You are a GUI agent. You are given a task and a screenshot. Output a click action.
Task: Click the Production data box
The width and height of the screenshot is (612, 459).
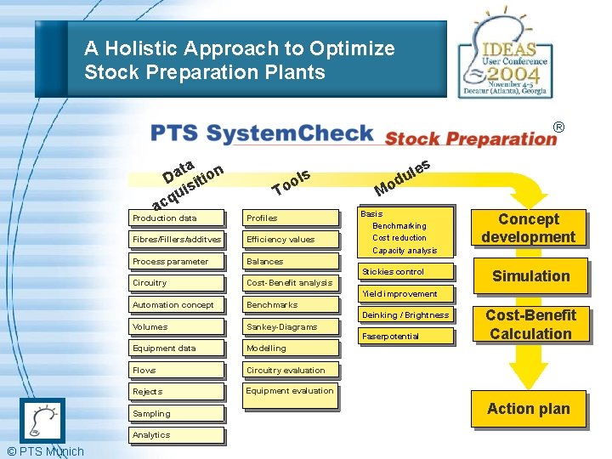177,218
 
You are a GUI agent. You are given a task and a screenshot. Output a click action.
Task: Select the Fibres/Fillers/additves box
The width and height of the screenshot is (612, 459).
177,240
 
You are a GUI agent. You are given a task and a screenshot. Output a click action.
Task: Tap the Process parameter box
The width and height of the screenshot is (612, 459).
177,262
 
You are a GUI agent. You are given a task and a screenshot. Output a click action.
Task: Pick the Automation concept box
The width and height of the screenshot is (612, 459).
177,305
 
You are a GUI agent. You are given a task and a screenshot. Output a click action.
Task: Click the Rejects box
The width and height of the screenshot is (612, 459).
177,392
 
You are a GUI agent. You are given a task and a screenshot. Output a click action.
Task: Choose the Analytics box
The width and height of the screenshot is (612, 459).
177,435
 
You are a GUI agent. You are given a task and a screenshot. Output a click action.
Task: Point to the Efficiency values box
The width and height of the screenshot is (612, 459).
290,240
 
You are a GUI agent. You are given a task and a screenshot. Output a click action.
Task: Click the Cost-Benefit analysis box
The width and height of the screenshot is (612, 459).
290,283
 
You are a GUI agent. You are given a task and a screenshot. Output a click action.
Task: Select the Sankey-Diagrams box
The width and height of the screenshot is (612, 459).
290,327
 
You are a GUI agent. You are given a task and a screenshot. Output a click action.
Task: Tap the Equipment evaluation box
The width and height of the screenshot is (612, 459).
290,392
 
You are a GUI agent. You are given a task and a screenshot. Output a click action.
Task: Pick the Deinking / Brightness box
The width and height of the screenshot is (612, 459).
405,315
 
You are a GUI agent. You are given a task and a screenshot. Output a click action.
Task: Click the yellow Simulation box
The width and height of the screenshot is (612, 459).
530,276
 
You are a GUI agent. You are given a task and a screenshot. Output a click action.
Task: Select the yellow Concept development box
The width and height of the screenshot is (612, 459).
528,228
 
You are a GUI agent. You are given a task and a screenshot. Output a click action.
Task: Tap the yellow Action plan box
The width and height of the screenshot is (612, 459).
528,409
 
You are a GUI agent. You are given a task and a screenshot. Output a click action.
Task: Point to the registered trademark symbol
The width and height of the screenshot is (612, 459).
558,127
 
